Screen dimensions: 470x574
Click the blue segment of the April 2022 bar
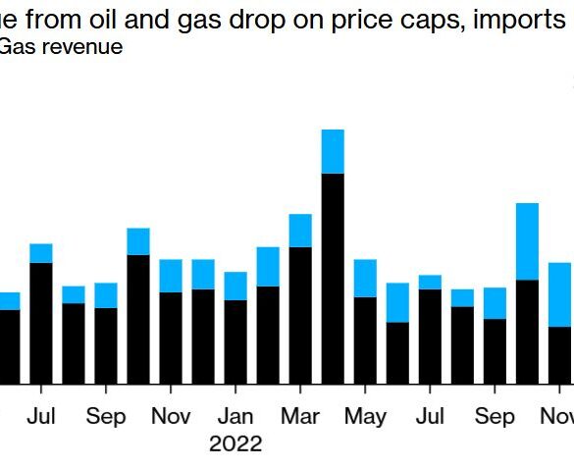(x=333, y=151)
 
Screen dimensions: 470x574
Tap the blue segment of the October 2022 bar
(x=527, y=241)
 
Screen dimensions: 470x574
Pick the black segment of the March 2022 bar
(x=300, y=315)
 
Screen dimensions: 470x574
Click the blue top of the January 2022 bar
(x=235, y=286)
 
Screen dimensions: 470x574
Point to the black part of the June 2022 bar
(x=397, y=352)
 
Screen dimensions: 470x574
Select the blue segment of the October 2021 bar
(x=138, y=241)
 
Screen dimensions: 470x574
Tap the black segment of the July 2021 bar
(x=41, y=323)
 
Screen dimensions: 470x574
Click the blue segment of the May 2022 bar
(x=365, y=278)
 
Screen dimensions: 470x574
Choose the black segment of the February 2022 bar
(x=268, y=335)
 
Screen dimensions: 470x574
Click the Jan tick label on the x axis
(x=235, y=416)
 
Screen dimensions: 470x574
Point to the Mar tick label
(x=300, y=416)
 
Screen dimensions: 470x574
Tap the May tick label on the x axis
(x=365, y=416)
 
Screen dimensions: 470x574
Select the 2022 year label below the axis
(x=235, y=444)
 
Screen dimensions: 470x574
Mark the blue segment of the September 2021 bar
(x=106, y=295)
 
